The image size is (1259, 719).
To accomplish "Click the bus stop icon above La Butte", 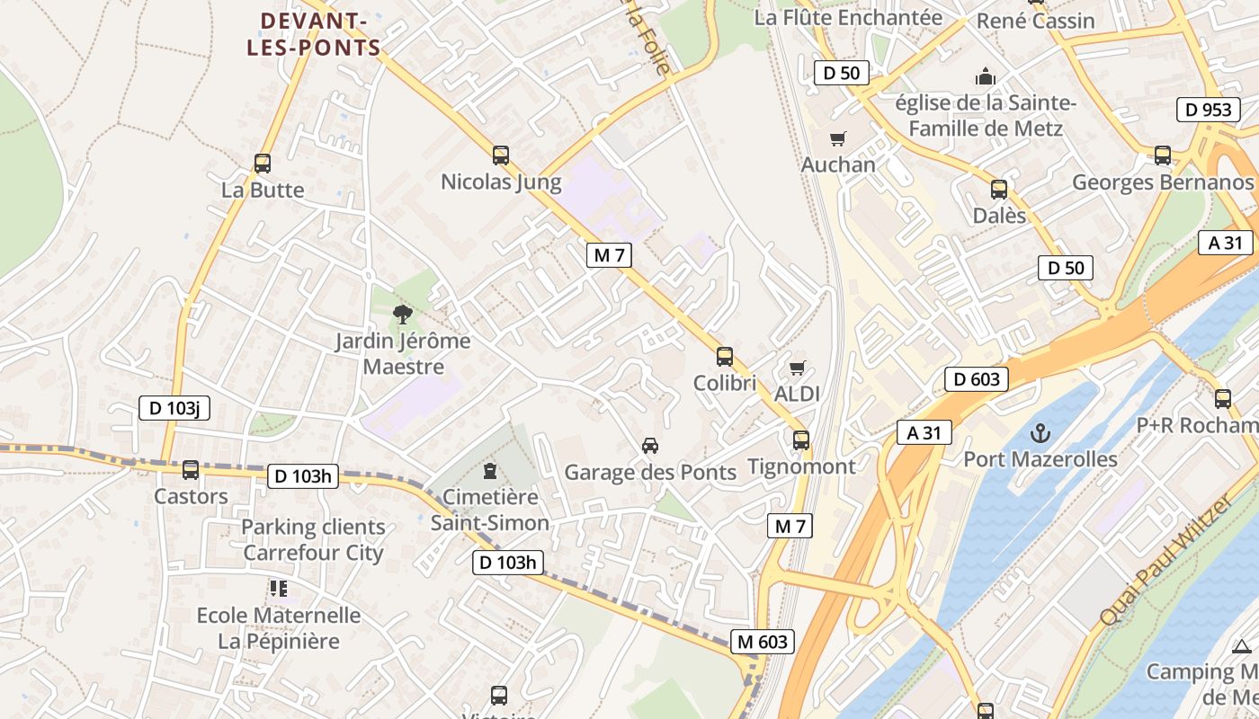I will tap(263, 164).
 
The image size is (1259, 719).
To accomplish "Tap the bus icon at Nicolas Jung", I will tap(501, 155).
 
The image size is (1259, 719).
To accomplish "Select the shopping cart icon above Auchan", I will tap(838, 138).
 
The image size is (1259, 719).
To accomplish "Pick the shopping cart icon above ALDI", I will tap(797, 368).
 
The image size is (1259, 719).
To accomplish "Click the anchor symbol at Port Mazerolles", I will tap(1040, 433).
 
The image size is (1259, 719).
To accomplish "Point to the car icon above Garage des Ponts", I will tap(650, 445).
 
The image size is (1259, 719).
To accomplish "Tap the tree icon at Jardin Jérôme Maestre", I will tap(403, 315).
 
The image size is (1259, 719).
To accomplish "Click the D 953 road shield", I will tap(1209, 110).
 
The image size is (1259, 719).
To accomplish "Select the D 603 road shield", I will tap(976, 379).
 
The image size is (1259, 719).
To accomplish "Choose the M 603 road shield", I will tap(763, 642).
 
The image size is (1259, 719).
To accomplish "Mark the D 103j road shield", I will tap(174, 408).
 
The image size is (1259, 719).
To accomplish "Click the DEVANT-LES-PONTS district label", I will tap(314, 34).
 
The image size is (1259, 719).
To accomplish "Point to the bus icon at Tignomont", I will tap(801, 440).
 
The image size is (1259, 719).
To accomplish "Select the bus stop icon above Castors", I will tap(191, 470).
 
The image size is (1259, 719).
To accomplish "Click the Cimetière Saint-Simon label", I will tap(490, 510).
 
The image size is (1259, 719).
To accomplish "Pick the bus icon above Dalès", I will tap(999, 190).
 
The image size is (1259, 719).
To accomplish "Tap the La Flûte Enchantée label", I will tap(848, 18).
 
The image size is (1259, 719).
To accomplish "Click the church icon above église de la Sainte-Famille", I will tap(986, 76).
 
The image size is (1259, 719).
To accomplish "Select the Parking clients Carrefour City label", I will tap(313, 540).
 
